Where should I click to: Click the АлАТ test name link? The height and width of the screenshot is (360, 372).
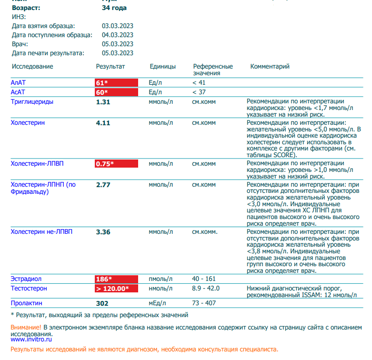18,82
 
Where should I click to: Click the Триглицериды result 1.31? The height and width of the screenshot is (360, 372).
103,102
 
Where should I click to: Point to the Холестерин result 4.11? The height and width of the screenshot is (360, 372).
103,123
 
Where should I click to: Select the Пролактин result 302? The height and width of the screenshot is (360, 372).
102,303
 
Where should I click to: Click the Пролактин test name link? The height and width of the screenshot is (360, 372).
27,303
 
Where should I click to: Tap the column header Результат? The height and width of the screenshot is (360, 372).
111,67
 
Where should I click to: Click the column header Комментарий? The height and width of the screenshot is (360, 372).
270,67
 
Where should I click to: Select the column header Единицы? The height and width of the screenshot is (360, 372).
162,67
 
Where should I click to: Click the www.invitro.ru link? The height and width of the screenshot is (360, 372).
31,340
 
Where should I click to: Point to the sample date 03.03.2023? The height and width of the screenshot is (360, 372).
118,26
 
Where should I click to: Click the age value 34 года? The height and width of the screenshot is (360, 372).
114,8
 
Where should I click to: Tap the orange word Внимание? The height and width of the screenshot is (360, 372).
26,328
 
